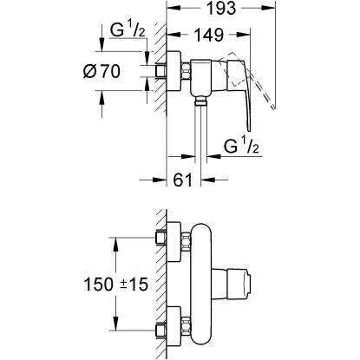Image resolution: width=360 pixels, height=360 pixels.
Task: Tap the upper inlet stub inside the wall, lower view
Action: [160, 238]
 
